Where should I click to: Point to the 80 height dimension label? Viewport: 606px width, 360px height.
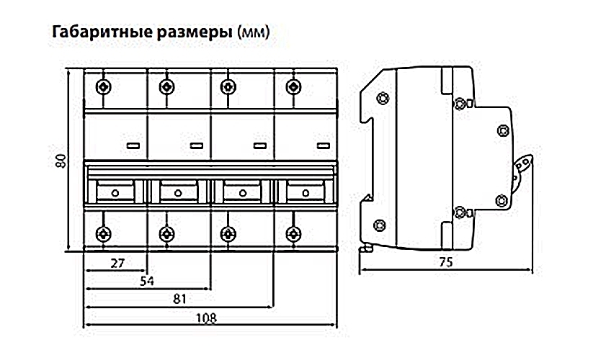61,161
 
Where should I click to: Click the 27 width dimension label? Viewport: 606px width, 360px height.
117,263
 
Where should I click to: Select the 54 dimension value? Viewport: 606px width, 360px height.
148,280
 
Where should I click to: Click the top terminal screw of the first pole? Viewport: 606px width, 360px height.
105,87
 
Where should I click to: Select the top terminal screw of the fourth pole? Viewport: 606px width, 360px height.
293,87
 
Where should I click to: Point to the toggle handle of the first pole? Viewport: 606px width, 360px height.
115,192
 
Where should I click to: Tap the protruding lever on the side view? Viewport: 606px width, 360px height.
524,167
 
